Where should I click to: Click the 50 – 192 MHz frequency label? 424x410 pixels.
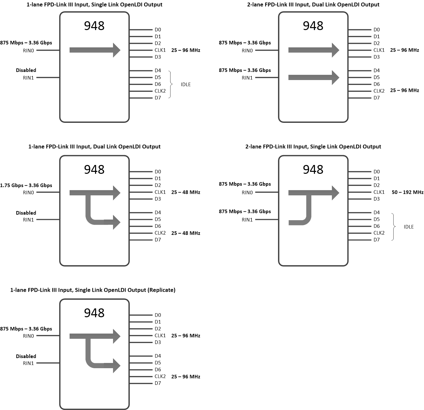(407, 192)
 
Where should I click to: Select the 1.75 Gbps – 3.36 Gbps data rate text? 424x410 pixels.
(26, 185)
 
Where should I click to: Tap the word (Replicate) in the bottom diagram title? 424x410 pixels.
(161, 290)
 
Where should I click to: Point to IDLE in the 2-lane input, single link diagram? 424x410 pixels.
(408, 227)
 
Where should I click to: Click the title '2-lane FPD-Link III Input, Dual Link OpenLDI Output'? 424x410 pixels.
(313, 5)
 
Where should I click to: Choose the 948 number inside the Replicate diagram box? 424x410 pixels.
(94, 313)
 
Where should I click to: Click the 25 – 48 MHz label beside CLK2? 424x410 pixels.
(186, 233)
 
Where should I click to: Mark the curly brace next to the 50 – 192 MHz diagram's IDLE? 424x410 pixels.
(394, 227)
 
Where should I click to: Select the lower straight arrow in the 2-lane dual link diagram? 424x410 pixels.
(314, 77)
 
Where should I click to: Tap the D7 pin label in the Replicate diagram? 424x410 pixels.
(158, 383)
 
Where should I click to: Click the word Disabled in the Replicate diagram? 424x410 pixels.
(26, 356)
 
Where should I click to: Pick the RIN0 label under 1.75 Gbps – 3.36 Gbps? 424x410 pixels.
(28, 192)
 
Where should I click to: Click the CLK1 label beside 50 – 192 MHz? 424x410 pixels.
(379, 192)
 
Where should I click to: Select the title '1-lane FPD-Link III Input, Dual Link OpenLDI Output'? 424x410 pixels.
(94, 146)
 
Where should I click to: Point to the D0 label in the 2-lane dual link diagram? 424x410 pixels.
(377, 30)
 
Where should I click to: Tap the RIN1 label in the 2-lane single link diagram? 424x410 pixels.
(247, 220)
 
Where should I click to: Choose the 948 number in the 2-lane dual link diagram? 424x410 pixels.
(313, 26)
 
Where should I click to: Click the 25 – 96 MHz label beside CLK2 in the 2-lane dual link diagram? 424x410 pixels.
(404, 90)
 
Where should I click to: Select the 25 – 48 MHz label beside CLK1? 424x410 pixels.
(186, 192)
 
